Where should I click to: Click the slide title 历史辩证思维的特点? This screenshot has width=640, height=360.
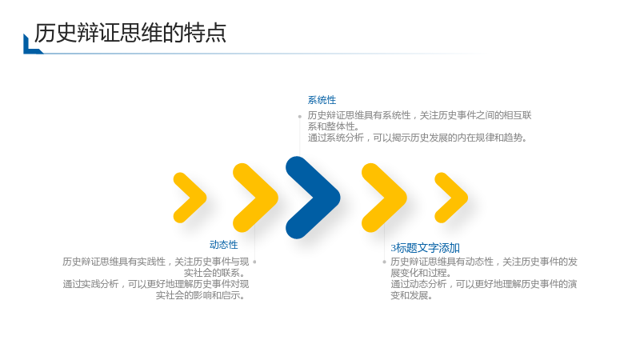pyautogui.click(x=130, y=33)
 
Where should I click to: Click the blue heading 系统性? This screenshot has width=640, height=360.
pyautogui.click(x=322, y=100)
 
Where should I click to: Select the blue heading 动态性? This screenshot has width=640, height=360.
pyautogui.click(x=224, y=245)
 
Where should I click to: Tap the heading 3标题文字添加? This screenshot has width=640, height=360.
pyautogui.click(x=426, y=248)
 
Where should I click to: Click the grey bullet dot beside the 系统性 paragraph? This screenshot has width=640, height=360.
pyautogui.click(x=299, y=116)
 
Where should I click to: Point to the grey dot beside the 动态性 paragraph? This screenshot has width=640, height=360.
pyautogui.click(x=254, y=262)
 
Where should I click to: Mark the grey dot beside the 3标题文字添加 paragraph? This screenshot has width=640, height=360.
pyautogui.click(x=384, y=262)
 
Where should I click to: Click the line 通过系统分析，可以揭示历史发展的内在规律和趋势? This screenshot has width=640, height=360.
pyautogui.click(x=418, y=138)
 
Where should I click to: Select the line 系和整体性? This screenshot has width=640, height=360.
pyautogui.click(x=333, y=126)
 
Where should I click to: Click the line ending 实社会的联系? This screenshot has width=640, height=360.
pyautogui.click(x=214, y=273)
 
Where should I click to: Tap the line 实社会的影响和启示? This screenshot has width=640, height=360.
pyautogui.click(x=201, y=295)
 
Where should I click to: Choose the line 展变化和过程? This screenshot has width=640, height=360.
pyautogui.click(x=421, y=273)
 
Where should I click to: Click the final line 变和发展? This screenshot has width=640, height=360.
pyautogui.click(x=411, y=295)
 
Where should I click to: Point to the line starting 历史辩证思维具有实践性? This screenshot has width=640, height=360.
pyautogui.click(x=155, y=262)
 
